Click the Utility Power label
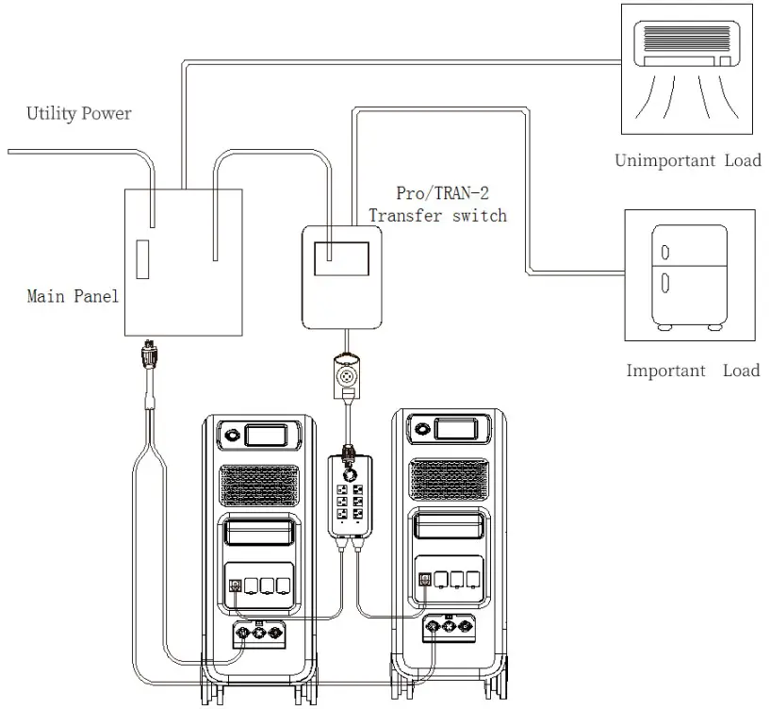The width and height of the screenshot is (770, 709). [x=79, y=114]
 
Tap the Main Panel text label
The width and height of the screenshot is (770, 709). [x=73, y=297]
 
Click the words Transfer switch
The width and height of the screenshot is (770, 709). [x=437, y=216]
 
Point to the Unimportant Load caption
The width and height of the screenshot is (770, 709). [x=687, y=160]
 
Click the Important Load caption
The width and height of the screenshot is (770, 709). [x=693, y=371]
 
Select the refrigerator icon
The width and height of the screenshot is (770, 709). [x=689, y=274]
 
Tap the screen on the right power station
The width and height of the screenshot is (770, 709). [x=458, y=430]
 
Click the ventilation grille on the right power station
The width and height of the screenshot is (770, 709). [x=451, y=483]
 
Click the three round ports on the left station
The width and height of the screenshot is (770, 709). [x=255, y=633]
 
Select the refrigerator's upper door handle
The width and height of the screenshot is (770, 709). [x=665, y=253]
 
